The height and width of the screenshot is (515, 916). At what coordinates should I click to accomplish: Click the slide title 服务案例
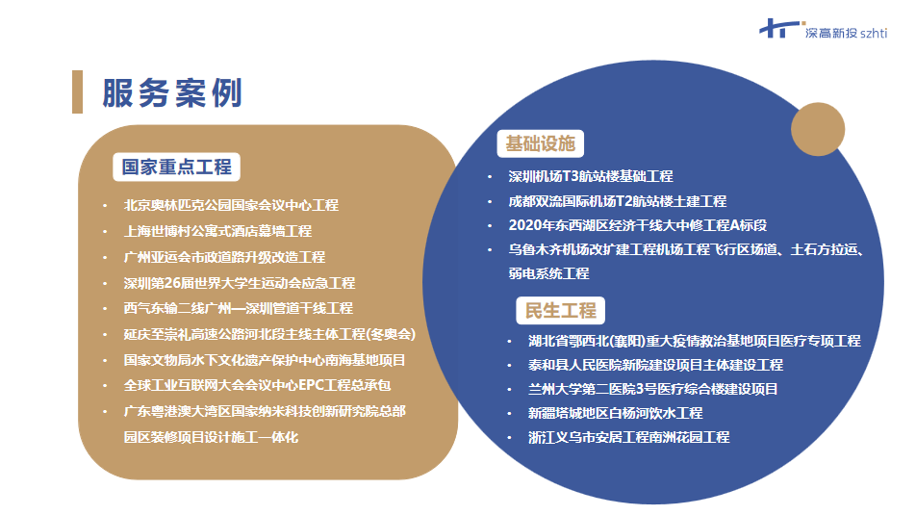point(172,93)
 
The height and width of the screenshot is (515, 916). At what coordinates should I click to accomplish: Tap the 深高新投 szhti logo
point(823,30)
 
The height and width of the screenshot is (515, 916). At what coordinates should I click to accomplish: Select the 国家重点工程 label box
point(176,167)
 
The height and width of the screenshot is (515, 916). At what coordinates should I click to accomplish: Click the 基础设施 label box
point(541,143)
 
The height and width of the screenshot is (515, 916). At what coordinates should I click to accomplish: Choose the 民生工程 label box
point(560,310)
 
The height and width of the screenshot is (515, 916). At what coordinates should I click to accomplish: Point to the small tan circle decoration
point(818,129)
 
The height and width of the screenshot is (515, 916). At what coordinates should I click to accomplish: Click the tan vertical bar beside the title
point(77,91)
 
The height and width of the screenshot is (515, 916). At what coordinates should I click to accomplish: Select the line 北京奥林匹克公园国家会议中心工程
point(231,205)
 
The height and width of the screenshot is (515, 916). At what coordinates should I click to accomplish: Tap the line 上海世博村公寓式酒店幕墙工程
point(217,231)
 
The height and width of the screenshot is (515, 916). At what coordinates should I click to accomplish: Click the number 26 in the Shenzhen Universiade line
point(173,283)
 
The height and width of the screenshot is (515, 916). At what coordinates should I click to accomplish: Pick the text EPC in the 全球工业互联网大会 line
point(311,386)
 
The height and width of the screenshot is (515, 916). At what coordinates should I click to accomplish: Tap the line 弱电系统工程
point(548,273)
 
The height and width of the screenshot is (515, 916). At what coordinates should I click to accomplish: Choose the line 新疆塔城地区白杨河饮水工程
point(615,413)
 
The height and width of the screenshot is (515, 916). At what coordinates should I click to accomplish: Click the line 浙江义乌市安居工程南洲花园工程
point(628,437)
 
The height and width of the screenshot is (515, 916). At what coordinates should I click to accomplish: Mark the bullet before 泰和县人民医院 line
point(510,366)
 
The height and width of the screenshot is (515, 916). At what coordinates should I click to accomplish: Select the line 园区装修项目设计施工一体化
point(211,437)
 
